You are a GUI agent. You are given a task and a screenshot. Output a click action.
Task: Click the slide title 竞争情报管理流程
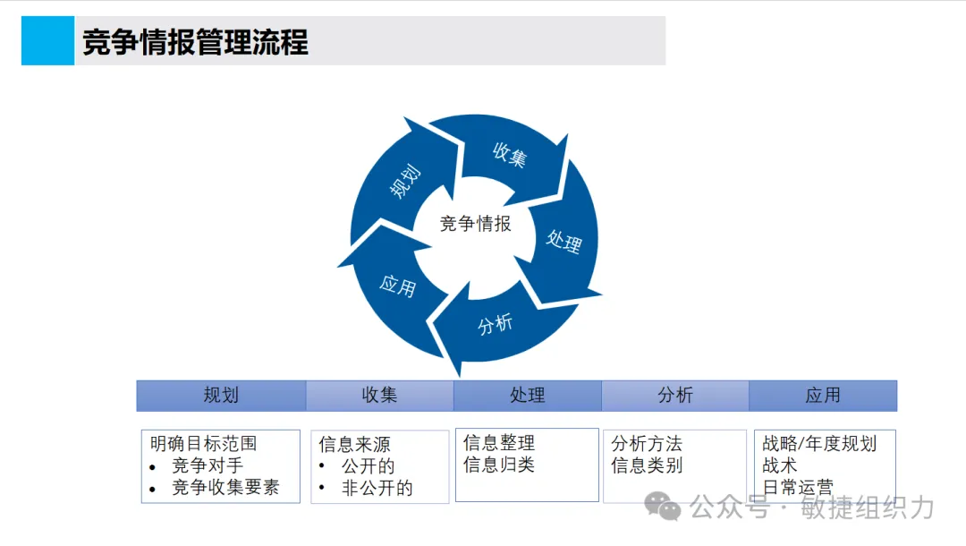pyautogui.click(x=195, y=42)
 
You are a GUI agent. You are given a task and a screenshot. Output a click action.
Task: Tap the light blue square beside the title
pyautogui.click(x=47, y=40)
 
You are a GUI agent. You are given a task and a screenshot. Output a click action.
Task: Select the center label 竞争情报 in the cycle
pyautogui.click(x=475, y=224)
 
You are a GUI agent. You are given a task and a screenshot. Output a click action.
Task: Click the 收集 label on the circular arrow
pyautogui.click(x=510, y=154)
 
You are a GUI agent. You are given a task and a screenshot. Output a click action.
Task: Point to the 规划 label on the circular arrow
pyautogui.click(x=405, y=182)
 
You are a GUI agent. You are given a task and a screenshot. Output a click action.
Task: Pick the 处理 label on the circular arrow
pyautogui.click(x=564, y=241)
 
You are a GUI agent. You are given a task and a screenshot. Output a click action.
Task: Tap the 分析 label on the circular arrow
pyautogui.click(x=495, y=323)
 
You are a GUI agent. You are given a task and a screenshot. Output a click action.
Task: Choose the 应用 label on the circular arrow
pyautogui.click(x=397, y=286)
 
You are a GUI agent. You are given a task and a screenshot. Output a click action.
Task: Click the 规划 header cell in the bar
pyautogui.click(x=221, y=396)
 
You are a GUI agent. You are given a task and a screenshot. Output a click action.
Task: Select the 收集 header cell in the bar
pyautogui.click(x=379, y=396)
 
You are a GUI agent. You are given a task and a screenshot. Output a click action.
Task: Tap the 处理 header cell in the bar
pyautogui.click(x=527, y=396)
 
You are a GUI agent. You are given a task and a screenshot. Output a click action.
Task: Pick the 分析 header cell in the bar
pyautogui.click(x=674, y=396)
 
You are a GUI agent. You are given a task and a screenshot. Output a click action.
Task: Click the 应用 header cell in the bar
pyautogui.click(x=822, y=396)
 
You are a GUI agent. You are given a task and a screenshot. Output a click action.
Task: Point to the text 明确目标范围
pyautogui.click(x=203, y=443)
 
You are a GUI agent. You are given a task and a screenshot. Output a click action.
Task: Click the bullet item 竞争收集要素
pyautogui.click(x=225, y=488)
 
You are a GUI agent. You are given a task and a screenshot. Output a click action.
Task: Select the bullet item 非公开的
pyautogui.click(x=377, y=489)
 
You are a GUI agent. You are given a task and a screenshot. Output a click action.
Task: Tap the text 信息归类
pyautogui.click(x=498, y=465)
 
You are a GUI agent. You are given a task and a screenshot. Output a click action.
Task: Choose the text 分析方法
pyautogui.click(x=646, y=443)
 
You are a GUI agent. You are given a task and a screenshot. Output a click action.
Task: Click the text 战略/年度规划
pyautogui.click(x=818, y=443)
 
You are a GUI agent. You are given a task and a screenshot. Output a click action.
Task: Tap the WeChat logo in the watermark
pyautogui.click(x=668, y=508)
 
